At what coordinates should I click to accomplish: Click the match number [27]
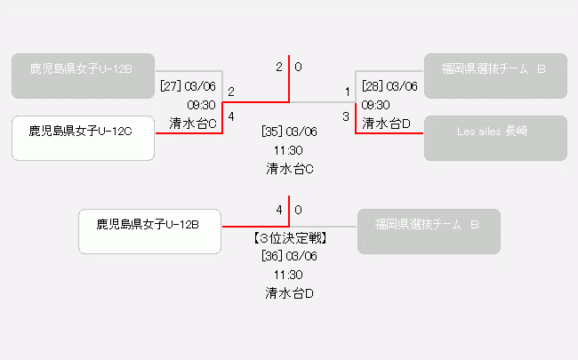(x=171, y=86)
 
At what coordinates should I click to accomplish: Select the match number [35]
(x=272, y=132)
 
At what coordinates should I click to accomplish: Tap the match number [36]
(x=272, y=256)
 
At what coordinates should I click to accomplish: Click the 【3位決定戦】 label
(x=290, y=238)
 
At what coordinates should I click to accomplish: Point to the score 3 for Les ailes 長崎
(x=347, y=116)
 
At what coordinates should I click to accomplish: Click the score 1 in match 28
(x=348, y=92)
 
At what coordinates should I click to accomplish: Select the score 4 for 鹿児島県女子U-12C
(x=231, y=116)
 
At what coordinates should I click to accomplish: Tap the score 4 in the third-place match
(x=279, y=210)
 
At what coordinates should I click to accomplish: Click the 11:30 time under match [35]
(x=290, y=149)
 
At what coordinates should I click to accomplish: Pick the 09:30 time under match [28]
(x=376, y=105)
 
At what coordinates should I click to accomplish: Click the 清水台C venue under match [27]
(x=194, y=124)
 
